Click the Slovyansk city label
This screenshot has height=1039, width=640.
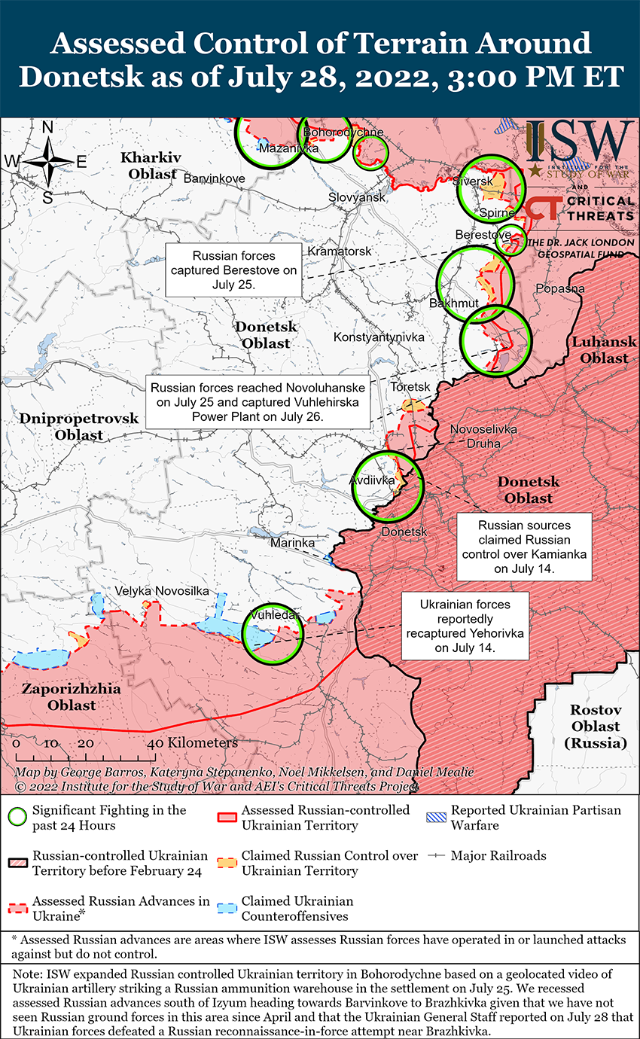click(356, 197)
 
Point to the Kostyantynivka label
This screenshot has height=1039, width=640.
click(379, 337)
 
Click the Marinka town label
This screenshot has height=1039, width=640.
click(292, 542)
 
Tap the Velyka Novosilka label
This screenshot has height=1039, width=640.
click(162, 591)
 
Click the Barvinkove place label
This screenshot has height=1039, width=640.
click(215, 178)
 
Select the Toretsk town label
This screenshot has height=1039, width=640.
click(410, 387)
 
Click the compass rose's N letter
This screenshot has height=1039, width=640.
click(47, 127)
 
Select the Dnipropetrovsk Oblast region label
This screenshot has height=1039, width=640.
click(69, 426)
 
